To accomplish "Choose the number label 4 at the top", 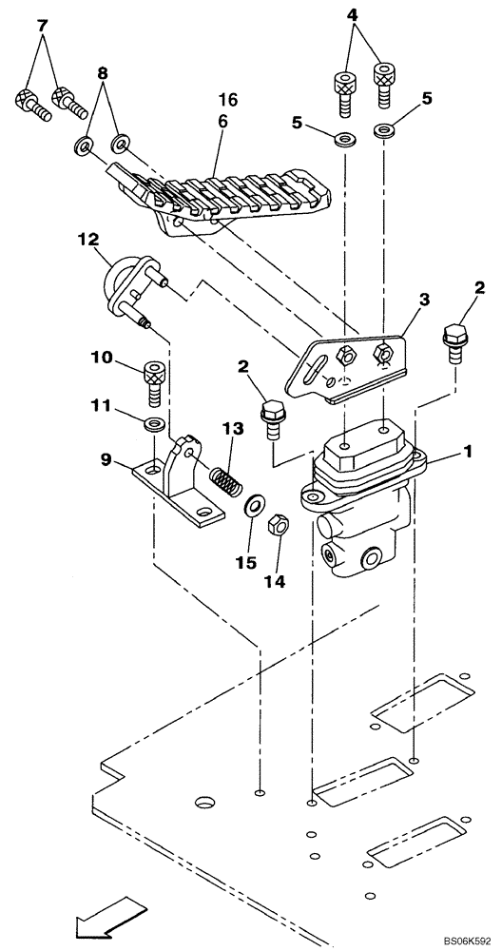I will (352, 15).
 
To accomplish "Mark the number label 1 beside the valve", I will (467, 454).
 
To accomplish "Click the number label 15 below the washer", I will (244, 563).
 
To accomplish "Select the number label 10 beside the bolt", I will (103, 358).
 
